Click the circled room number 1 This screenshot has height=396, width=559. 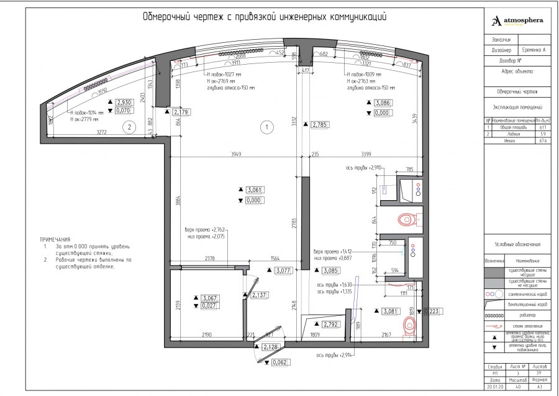[x=266, y=127]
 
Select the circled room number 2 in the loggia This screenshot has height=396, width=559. [x=129, y=127]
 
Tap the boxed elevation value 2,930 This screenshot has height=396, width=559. [x=124, y=102]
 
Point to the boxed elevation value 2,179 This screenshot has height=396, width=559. [x=181, y=112]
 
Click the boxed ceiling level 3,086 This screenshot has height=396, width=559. [x=383, y=103]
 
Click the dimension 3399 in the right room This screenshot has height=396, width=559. [x=361, y=154]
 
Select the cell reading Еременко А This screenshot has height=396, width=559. [x=532, y=50]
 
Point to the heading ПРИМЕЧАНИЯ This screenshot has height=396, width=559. [x=55, y=239]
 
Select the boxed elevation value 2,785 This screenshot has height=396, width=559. [x=320, y=124]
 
